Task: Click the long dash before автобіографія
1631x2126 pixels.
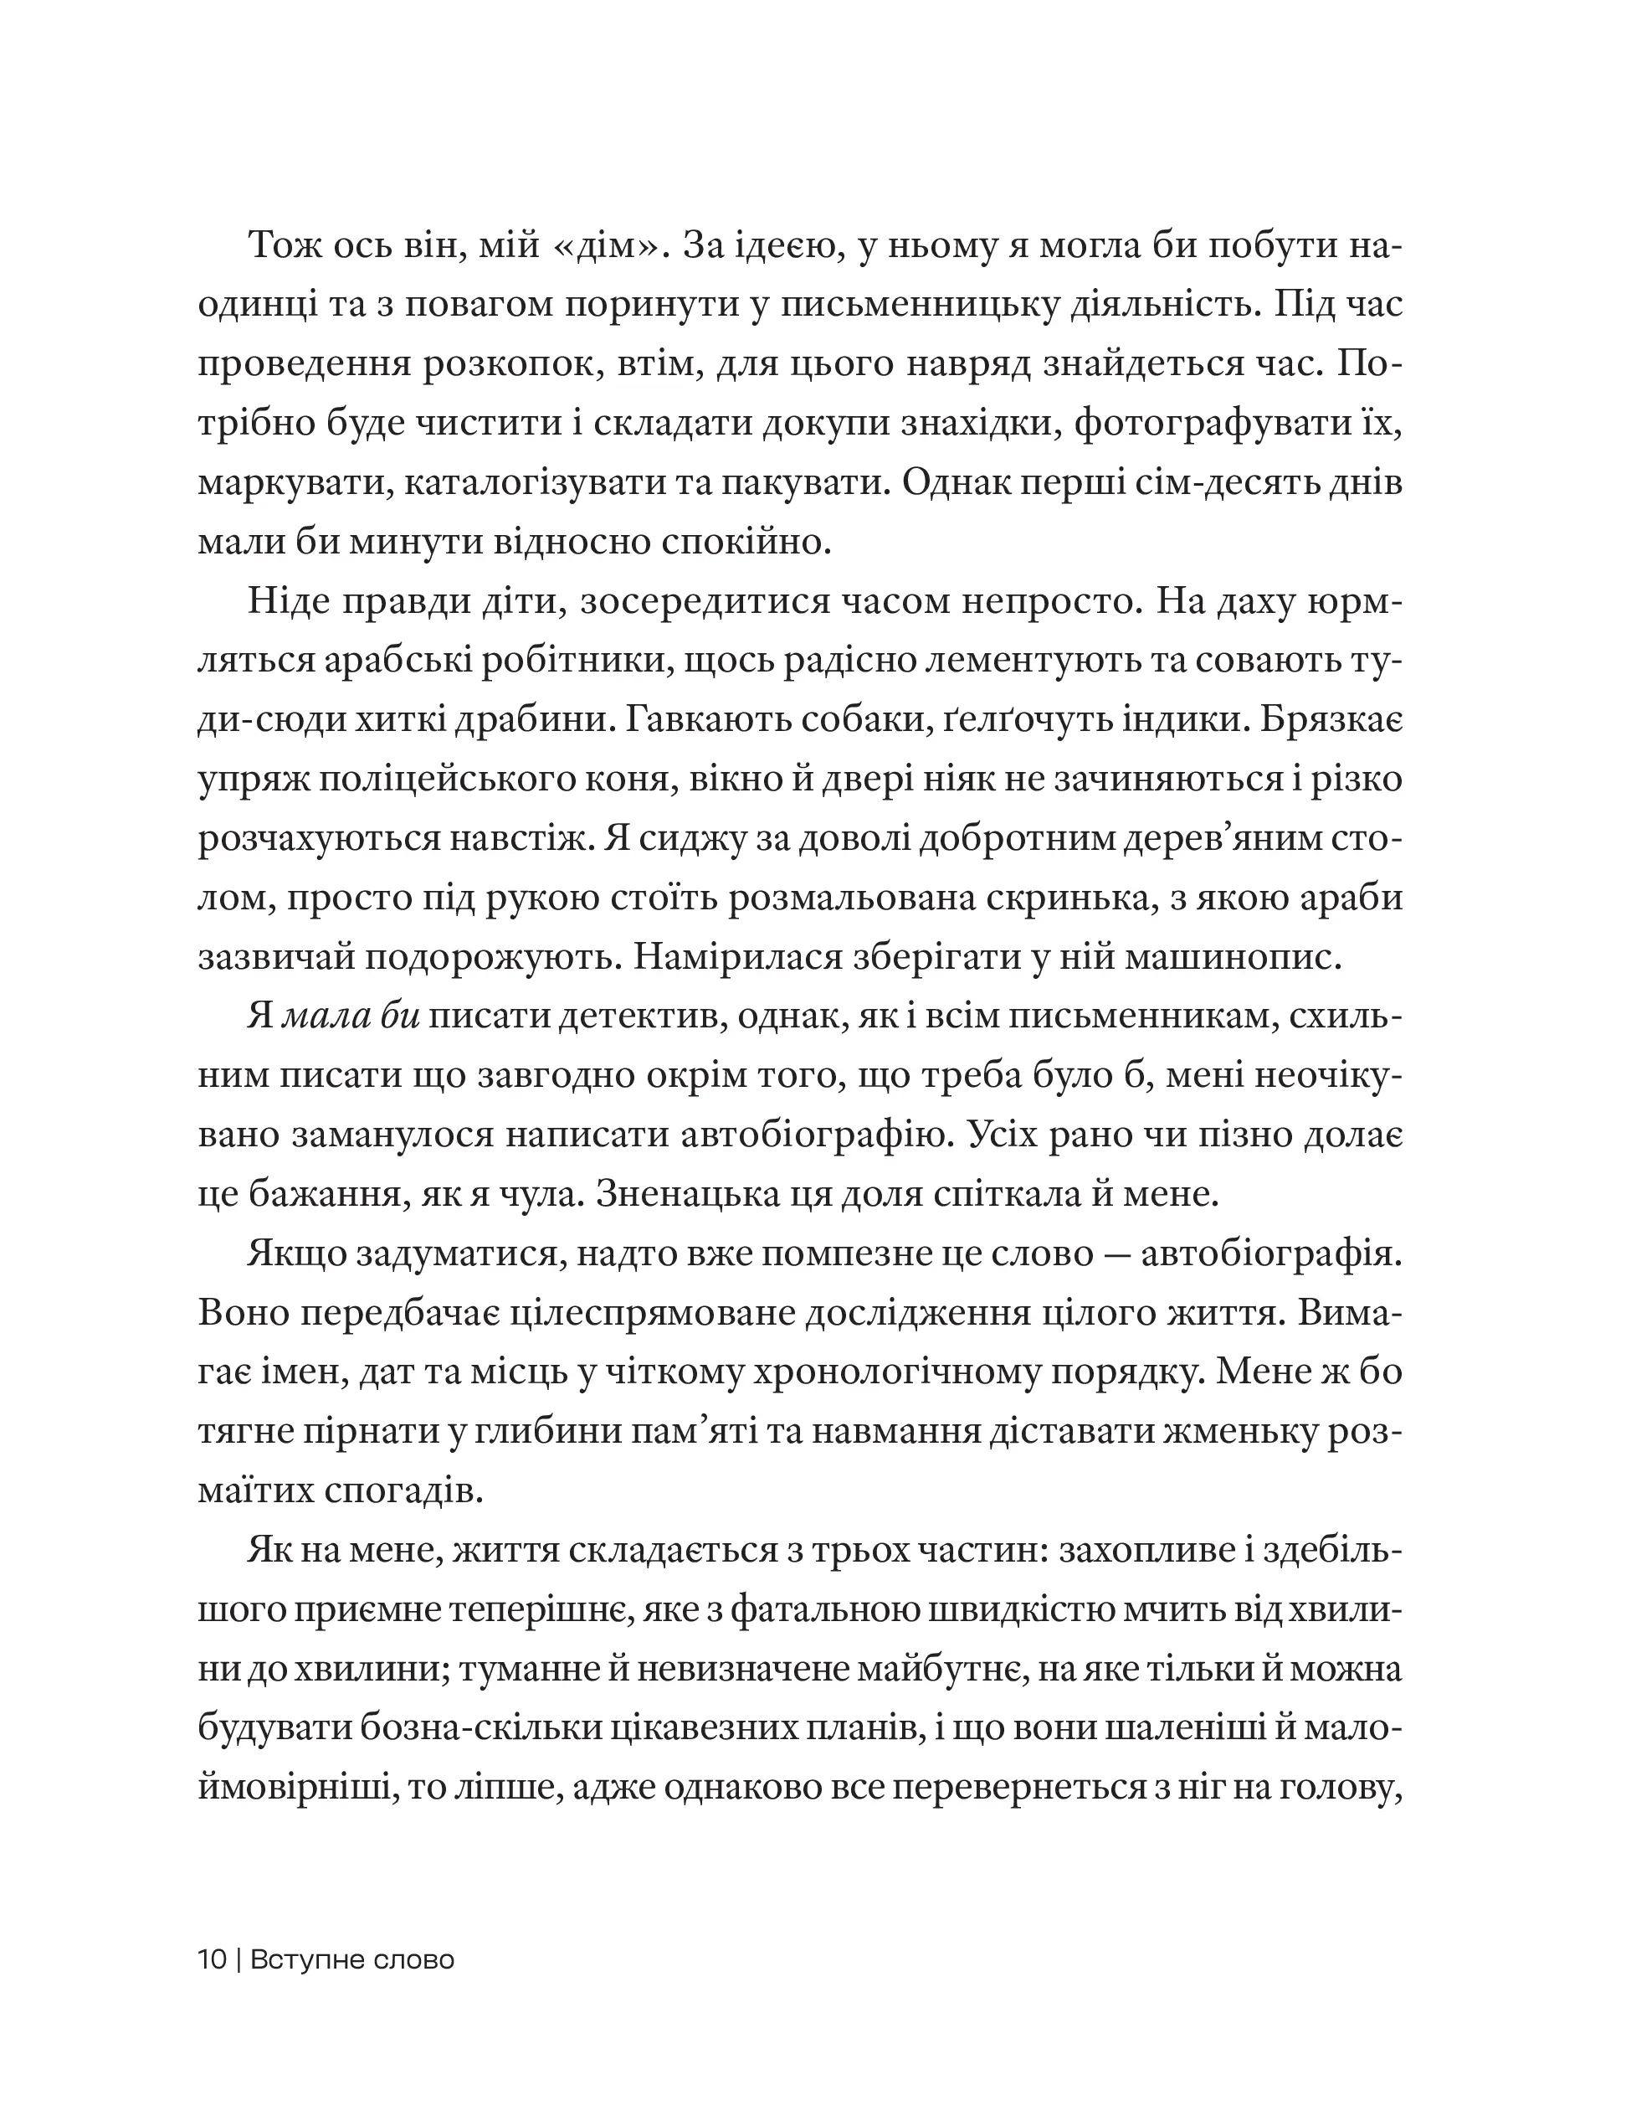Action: (x=1111, y=1255)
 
